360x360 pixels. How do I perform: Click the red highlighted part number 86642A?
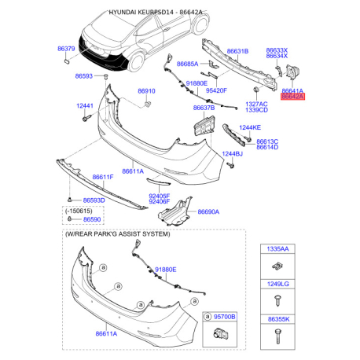pos(292,97)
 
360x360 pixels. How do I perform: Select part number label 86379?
pos(66,49)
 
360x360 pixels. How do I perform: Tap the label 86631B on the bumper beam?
pos(237,51)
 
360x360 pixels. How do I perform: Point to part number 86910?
pos(146,91)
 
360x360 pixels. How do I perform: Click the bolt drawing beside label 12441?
pos(86,118)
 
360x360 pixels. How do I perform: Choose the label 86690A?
pos(208,211)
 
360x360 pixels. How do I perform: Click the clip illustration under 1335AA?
pos(277,266)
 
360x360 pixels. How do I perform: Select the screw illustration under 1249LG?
pos(277,301)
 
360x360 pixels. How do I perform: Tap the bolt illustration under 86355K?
pos(277,336)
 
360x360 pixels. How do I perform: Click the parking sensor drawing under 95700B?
pos(221,334)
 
